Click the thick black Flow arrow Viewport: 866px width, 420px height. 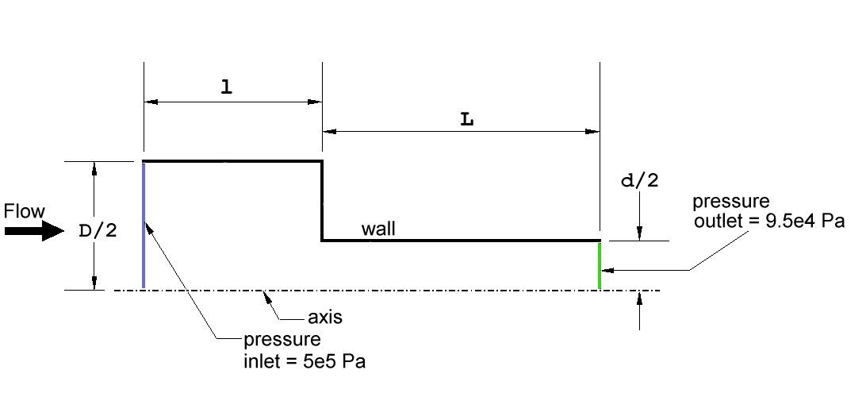34,230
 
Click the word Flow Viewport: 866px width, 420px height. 25,211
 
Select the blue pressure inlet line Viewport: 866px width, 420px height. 144,225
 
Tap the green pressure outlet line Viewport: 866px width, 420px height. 600,266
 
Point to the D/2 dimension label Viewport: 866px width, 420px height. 98,231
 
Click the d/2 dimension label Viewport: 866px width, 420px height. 640,181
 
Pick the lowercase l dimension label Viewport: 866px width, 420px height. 226,87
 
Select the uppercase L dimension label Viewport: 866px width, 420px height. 467,120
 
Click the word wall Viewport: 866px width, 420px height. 378,229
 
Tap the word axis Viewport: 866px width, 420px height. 325,318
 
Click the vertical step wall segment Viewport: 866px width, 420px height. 322,201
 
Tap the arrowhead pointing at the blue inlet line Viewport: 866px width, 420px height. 148,225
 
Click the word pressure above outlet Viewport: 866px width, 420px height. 730,201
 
